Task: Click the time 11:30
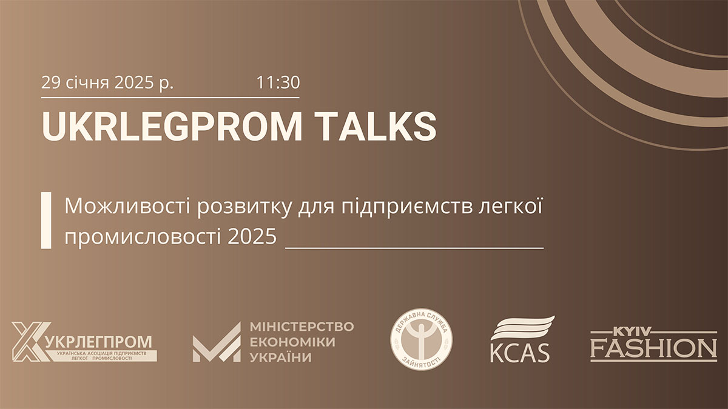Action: (278, 82)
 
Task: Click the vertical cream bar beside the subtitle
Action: (45, 221)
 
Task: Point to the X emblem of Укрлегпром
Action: (27, 342)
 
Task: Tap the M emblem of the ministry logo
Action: (216, 342)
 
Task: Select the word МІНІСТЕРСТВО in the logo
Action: (302, 327)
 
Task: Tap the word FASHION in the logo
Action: (653, 349)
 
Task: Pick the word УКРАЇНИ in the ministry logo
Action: (280, 357)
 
